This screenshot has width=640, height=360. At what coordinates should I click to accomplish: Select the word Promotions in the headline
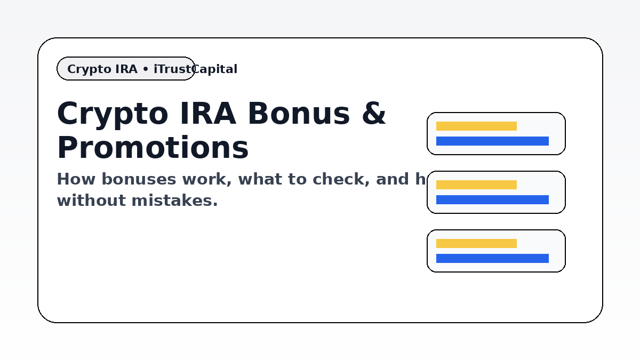tap(153, 148)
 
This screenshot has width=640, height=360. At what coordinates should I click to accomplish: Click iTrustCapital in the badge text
tap(195, 69)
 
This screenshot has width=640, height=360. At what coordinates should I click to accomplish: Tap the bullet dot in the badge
tap(146, 69)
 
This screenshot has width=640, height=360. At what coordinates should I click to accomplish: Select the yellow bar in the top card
tap(476, 126)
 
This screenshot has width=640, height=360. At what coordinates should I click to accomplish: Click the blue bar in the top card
tap(492, 141)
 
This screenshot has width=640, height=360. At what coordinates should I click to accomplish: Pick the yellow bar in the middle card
tap(476, 185)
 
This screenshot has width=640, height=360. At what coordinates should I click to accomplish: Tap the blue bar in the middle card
tap(492, 200)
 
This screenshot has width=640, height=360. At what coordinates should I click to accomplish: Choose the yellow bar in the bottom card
tap(476, 244)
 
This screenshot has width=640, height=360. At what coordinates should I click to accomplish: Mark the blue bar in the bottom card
tap(492, 259)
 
